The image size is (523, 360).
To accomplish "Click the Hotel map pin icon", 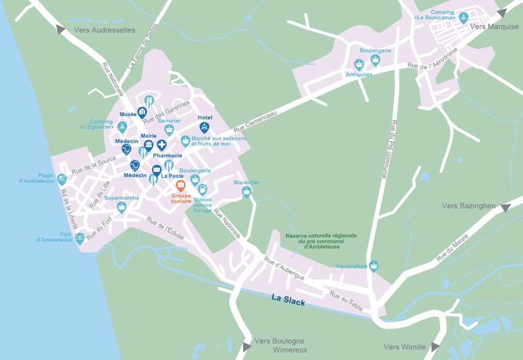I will (204, 128).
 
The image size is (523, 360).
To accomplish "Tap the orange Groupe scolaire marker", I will (180, 186).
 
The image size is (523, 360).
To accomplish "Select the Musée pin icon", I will (142, 113).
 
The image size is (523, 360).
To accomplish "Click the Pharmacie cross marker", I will (161, 145).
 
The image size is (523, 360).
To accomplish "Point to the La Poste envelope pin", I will (156, 170).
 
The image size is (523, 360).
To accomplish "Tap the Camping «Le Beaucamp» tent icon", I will (463, 18).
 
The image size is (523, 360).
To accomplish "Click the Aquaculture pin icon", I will (373, 266).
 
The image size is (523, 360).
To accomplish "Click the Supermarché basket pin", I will (122, 207).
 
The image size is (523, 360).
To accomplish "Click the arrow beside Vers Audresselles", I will (61, 30).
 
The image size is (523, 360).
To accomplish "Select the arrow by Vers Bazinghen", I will (506, 208).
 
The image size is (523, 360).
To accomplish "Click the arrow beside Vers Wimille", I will (435, 346).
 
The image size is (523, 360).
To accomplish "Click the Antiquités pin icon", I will (359, 64).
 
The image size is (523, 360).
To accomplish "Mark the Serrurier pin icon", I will (169, 129).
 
